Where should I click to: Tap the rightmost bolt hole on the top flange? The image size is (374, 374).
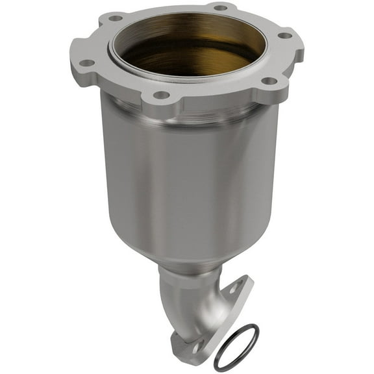(284, 35)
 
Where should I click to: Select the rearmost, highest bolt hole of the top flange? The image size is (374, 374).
(220, 7)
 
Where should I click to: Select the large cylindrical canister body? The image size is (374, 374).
(188, 175)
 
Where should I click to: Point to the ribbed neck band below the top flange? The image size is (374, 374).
(188, 110)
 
